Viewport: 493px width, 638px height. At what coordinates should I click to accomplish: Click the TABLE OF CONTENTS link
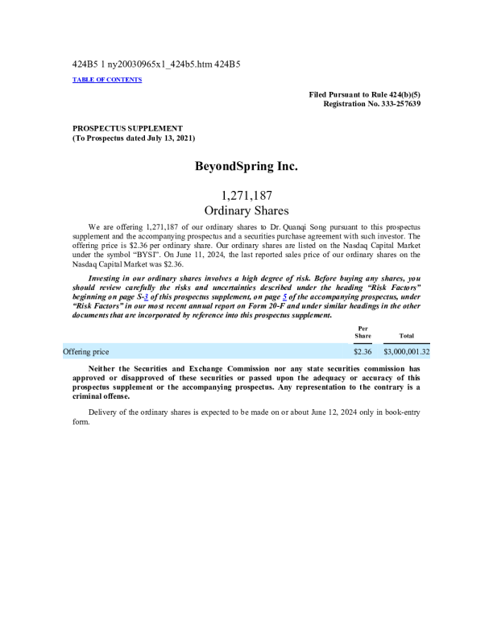107,80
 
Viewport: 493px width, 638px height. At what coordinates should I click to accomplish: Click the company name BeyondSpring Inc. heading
246,167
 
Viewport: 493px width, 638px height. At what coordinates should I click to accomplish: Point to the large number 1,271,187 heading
246,195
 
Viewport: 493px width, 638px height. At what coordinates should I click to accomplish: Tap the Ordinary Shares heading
246,210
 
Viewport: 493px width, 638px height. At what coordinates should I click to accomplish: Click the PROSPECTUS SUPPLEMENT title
127,128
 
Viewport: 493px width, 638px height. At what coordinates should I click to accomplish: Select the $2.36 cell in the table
362,352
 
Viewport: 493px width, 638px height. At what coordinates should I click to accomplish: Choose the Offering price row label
86,352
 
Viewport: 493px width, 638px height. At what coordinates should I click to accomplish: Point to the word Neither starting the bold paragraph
103,368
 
